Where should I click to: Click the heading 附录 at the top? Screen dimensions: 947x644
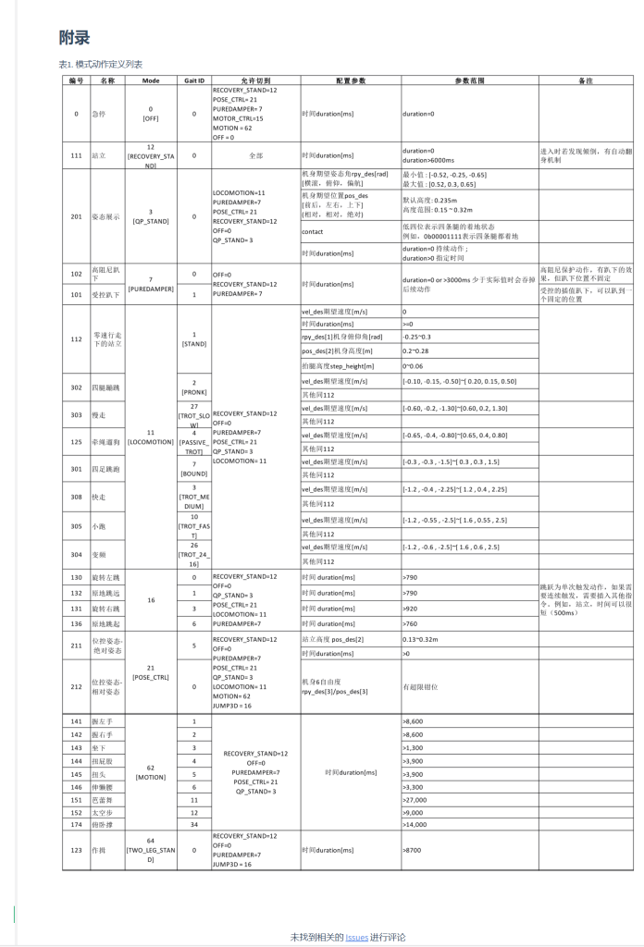click(x=75, y=38)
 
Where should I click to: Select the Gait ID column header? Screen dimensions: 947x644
click(x=194, y=80)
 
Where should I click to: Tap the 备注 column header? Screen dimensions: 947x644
click(x=585, y=80)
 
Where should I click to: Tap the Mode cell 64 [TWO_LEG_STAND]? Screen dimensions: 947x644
click(x=151, y=848)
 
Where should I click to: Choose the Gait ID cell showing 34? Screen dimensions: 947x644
click(x=194, y=824)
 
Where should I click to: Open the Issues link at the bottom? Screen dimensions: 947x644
click(x=356, y=937)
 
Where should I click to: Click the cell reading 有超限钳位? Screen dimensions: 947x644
click(x=422, y=687)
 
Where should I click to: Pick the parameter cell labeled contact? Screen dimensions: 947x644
click(x=313, y=231)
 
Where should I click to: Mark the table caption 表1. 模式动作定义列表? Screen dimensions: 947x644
click(x=100, y=64)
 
